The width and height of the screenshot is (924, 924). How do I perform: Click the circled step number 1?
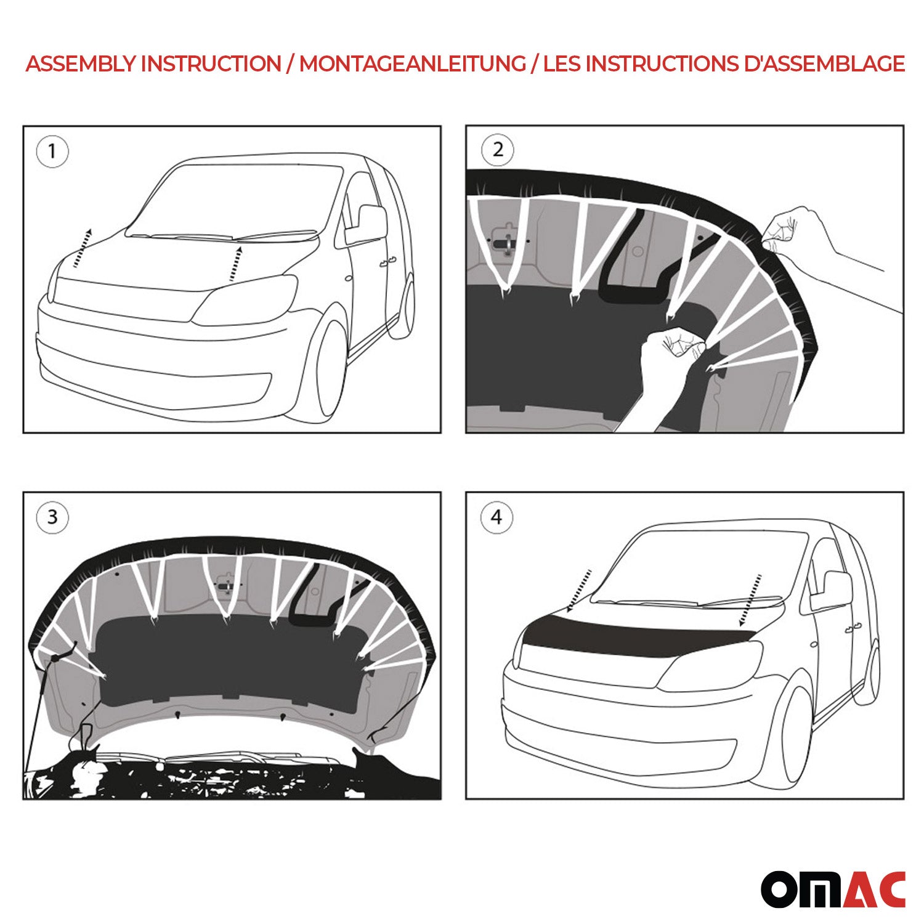click(52, 151)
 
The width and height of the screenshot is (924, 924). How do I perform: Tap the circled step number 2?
click(498, 150)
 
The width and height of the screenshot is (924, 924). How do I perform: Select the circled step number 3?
click(52, 517)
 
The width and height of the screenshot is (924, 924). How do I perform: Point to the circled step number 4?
click(496, 517)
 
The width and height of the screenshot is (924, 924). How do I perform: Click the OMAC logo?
click(833, 889)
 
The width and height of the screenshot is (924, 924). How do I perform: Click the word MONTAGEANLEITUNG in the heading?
click(412, 63)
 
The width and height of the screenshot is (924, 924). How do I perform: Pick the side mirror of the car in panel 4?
click(832, 592)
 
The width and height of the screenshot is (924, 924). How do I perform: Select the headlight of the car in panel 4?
click(711, 665)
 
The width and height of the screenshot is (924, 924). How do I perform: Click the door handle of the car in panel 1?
click(387, 263)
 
